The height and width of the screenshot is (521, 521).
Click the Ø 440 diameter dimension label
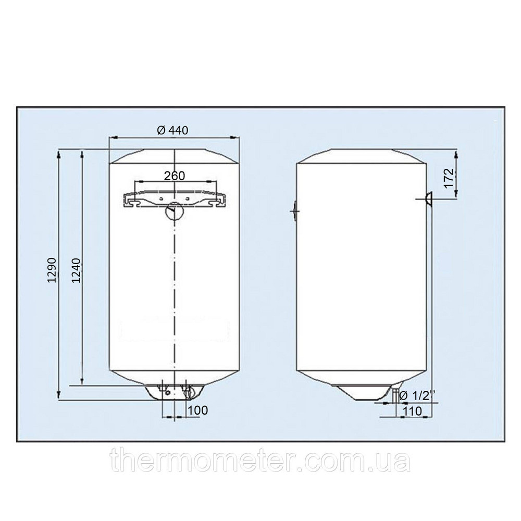coord(172,130)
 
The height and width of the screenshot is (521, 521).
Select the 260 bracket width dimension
coord(175,176)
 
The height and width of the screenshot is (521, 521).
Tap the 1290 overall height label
coord(53,270)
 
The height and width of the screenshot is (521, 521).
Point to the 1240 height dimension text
coord(76,270)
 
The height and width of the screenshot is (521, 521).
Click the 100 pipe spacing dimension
coord(197,410)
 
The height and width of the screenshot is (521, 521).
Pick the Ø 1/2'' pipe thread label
coord(417,395)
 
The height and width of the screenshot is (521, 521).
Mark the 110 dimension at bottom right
coord(412,411)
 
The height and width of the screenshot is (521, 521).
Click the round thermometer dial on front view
coord(173,211)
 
